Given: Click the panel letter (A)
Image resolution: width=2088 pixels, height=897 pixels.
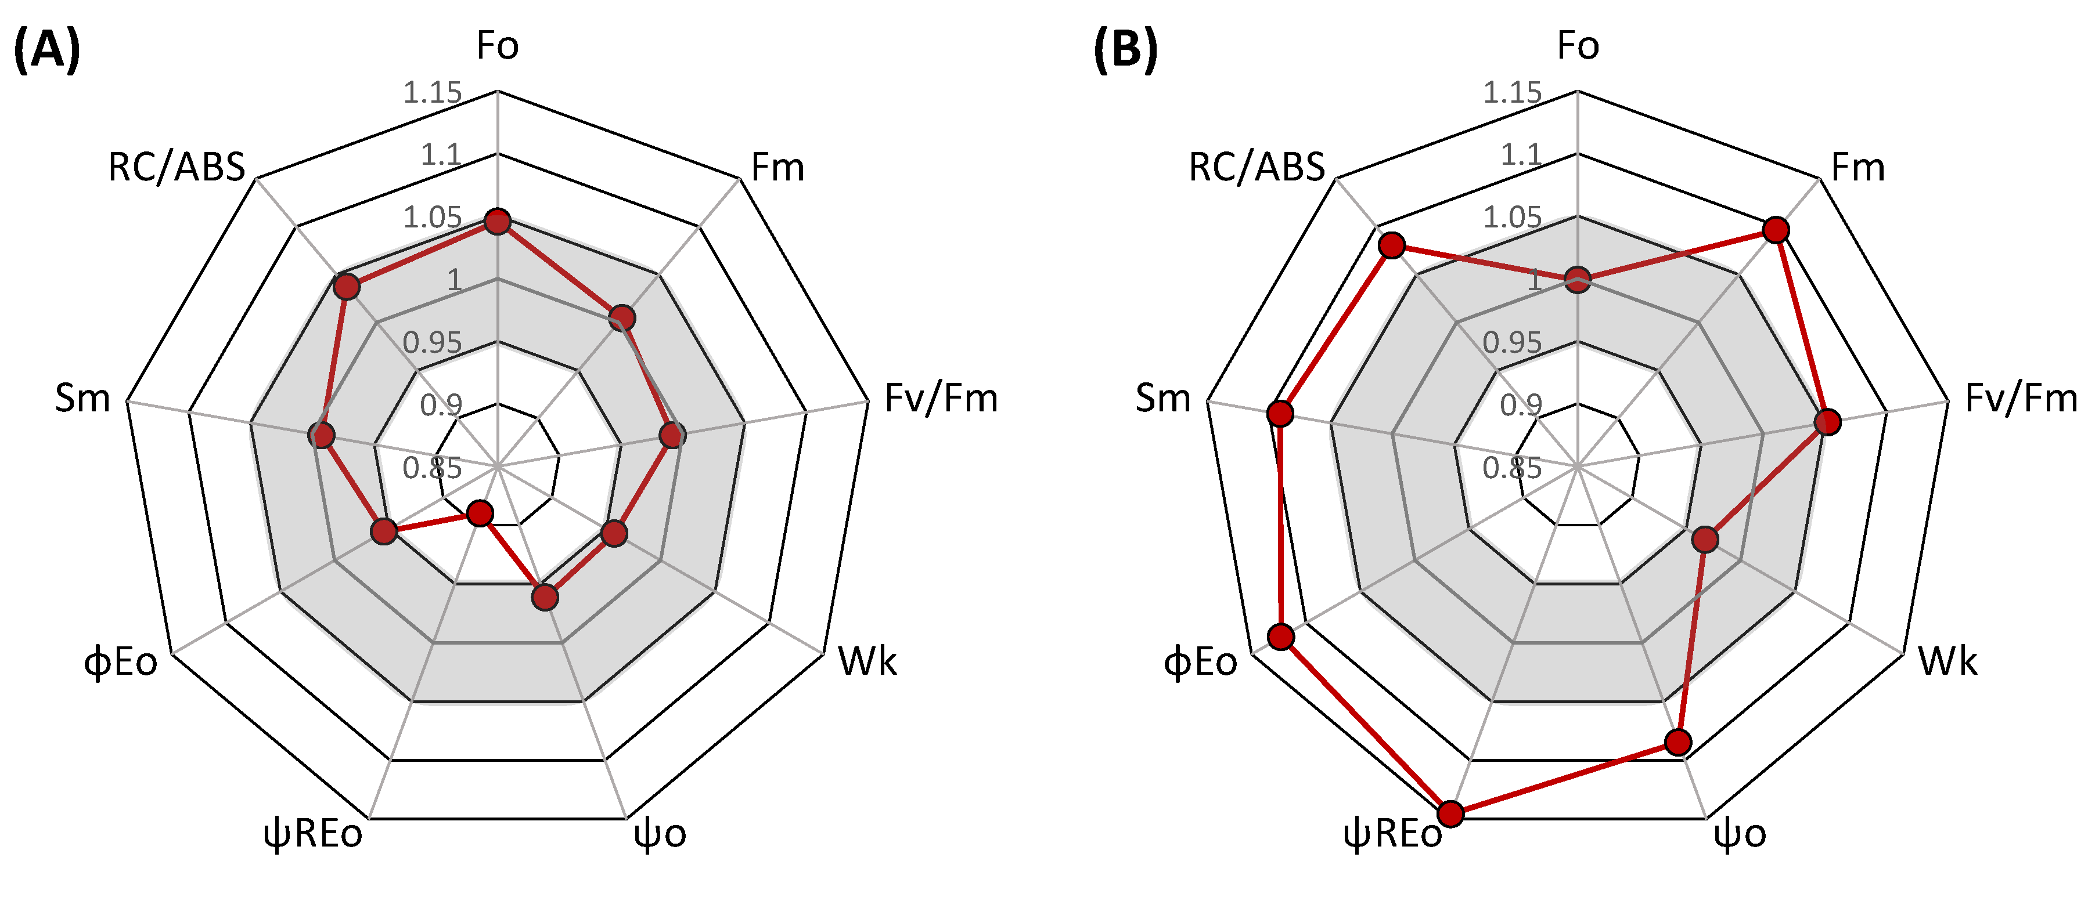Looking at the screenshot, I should (47, 50).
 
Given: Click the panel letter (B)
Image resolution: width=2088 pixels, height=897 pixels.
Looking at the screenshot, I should (1125, 50).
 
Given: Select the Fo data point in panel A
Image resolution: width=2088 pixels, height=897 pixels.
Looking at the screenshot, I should (497, 221).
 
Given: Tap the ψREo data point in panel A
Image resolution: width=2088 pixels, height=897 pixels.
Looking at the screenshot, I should (480, 513).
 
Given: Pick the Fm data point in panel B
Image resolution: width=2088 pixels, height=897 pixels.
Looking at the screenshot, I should (1775, 230).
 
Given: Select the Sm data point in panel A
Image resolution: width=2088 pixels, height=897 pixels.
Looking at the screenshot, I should (322, 435).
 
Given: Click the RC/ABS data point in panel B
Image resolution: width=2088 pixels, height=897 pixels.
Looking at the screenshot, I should (1392, 245).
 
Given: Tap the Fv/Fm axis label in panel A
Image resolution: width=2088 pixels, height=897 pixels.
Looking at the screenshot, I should (940, 399).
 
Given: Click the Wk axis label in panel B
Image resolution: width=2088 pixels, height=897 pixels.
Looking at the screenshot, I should (1947, 661).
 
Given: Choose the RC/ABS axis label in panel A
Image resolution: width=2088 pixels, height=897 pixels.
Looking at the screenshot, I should (176, 168).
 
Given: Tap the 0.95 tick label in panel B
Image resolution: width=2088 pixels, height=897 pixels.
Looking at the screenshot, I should (1511, 343).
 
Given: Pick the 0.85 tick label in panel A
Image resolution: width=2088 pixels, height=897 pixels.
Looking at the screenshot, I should (432, 468).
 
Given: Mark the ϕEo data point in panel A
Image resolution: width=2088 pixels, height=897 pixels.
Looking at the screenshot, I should (383, 531).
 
